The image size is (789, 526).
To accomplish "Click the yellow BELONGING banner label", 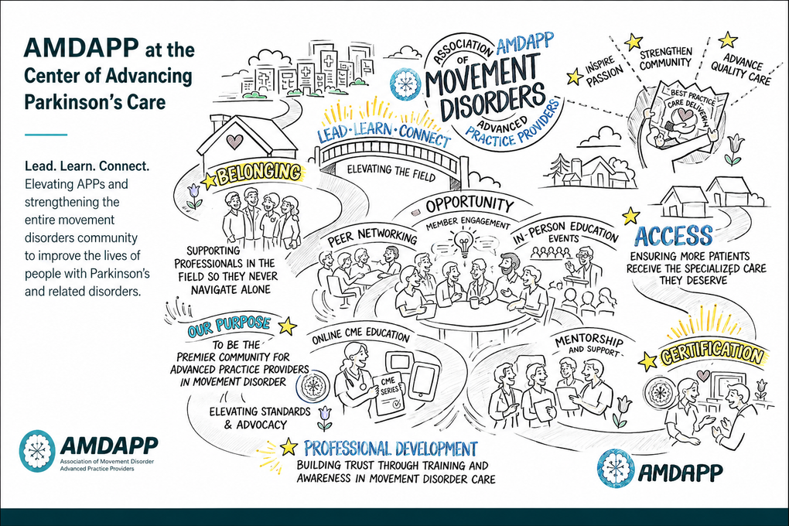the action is tap(258, 173).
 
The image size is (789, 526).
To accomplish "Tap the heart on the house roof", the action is tap(234, 142).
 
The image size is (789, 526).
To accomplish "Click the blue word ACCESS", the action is tap(673, 236).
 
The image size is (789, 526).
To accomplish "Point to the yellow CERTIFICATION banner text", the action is tap(711, 354).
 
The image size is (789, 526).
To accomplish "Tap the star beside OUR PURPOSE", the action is tap(287, 326).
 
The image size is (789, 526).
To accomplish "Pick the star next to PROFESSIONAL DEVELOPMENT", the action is tap(289, 446).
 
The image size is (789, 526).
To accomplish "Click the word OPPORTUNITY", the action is tap(470, 204).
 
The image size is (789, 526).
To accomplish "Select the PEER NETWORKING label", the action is tap(372, 236).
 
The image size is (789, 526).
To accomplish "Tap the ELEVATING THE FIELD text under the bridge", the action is tap(391, 172).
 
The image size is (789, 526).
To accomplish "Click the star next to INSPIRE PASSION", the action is tap(575, 77).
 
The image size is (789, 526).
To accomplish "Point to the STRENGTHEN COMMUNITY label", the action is tap(666, 58).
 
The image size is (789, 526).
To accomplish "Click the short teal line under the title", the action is tap(46, 135).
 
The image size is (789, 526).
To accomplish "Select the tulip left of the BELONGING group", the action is tap(193, 196).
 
